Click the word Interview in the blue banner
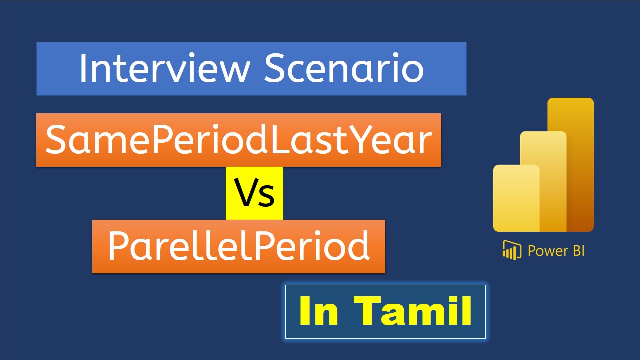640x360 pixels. point(165,68)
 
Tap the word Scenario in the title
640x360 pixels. point(344,68)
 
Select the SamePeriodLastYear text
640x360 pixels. point(239,139)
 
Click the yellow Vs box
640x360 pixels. point(254,193)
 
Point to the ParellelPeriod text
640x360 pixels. point(239,246)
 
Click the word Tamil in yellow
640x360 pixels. point(413,311)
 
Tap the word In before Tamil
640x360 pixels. point(319,311)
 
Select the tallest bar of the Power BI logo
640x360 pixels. point(571,165)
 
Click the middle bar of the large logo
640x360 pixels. point(543,181)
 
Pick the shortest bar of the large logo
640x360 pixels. point(516,198)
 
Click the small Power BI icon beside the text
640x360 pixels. point(512,250)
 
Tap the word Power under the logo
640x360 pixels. point(548,251)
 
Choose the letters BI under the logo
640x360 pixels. point(578,251)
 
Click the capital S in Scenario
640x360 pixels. point(274,68)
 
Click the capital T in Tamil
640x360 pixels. point(367,311)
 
